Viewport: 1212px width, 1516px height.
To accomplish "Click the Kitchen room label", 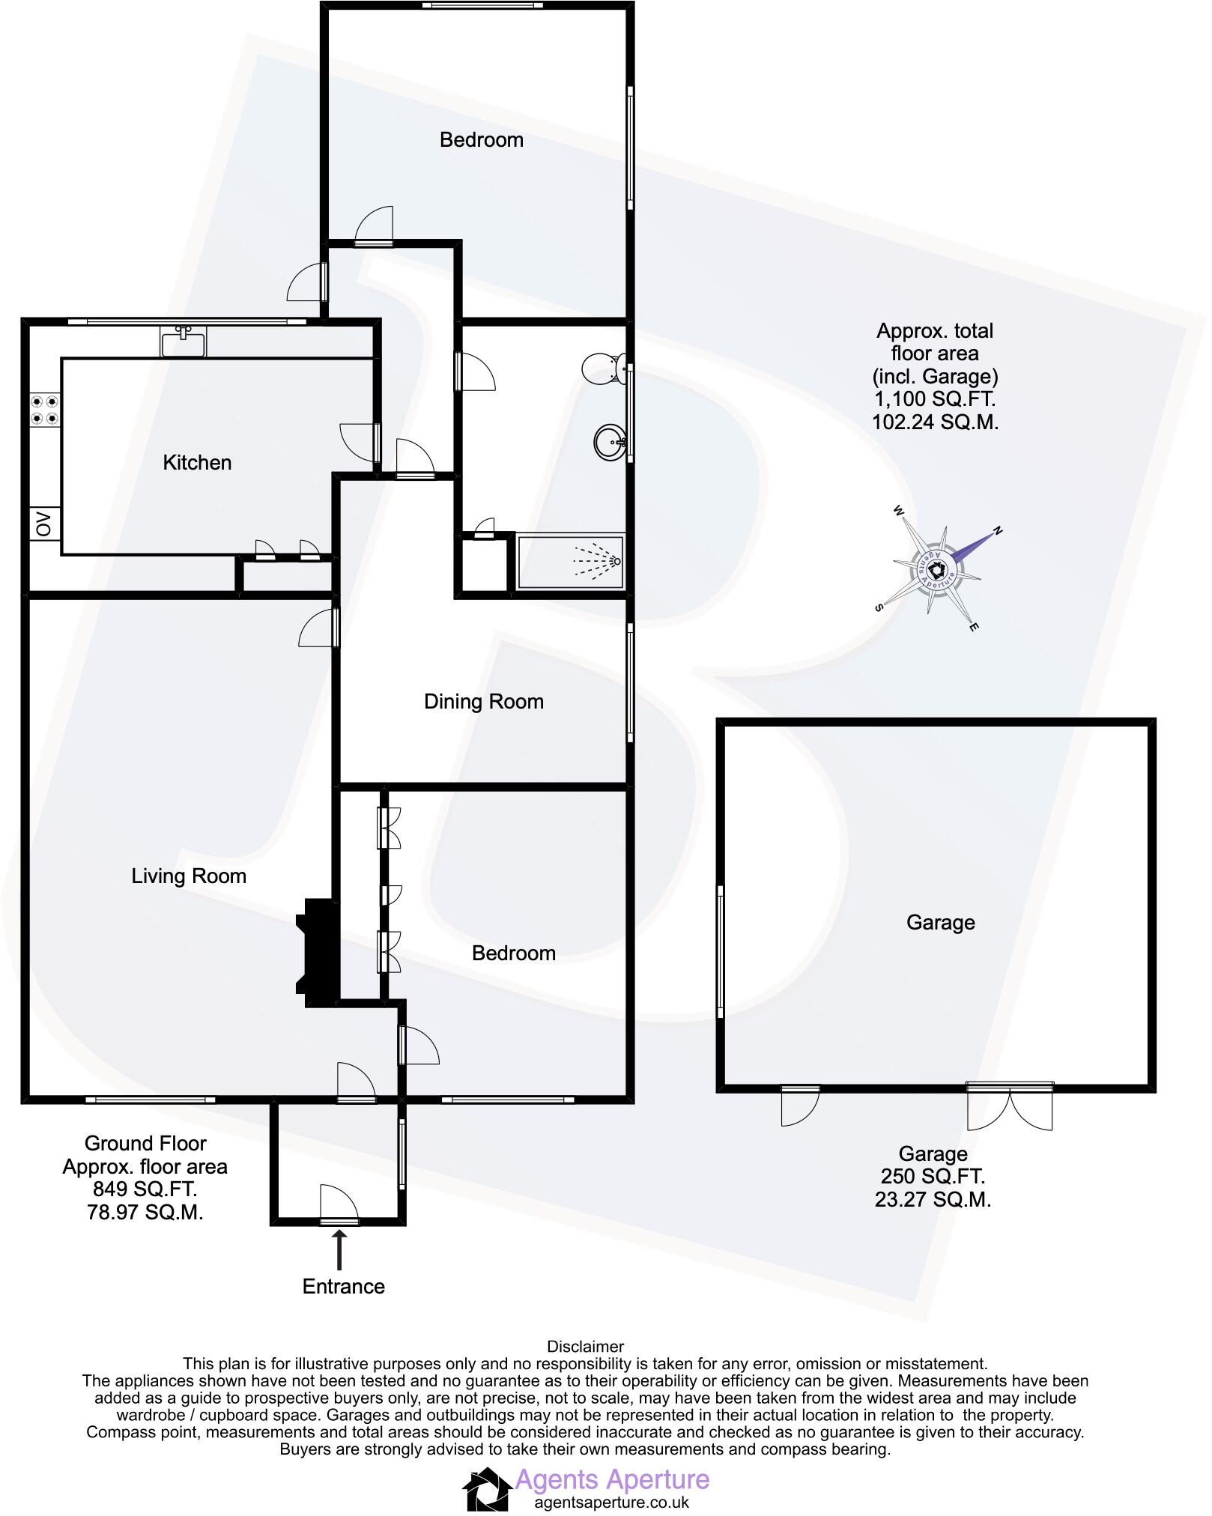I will point(197,463).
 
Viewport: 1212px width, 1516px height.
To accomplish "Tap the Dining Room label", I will point(483,702).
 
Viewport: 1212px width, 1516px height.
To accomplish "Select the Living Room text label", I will point(189,876).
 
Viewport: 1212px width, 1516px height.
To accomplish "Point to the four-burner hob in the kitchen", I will point(44,410).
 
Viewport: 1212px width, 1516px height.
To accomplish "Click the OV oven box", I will point(44,524).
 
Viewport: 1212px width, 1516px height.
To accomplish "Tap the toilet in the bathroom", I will point(602,367).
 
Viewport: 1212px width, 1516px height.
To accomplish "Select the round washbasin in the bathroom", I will point(610,442).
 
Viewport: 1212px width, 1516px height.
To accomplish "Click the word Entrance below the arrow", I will point(343,1287).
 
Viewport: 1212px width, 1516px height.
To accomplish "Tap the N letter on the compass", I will point(997,531).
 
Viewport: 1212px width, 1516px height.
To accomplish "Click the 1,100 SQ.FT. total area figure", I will point(934,399).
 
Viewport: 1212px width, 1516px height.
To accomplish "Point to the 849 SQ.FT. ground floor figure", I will point(145,1189).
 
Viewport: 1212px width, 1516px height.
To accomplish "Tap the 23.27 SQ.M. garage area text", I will point(933,1200).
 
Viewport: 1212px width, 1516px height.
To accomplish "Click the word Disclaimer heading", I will point(585,1346).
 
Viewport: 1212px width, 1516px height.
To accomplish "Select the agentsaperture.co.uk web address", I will point(611,1502).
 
